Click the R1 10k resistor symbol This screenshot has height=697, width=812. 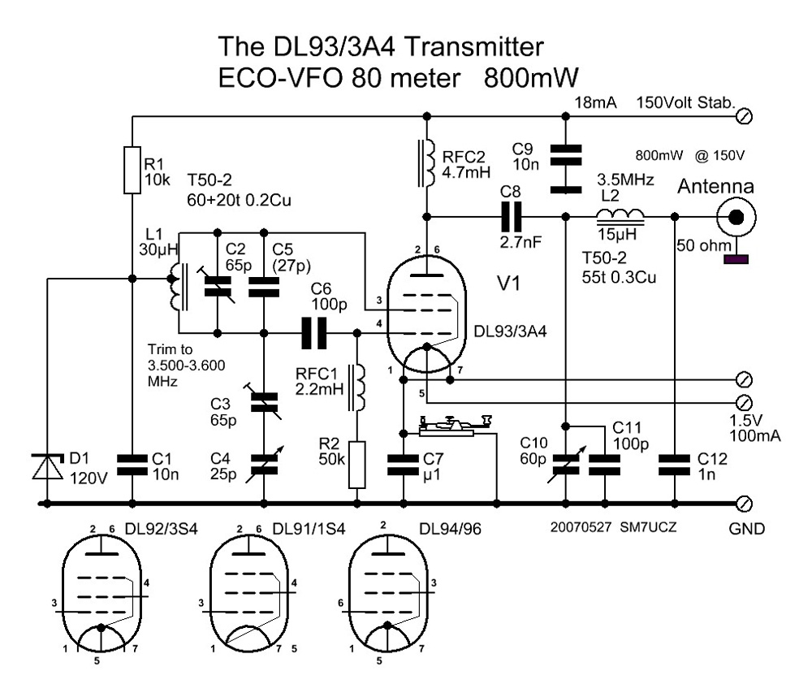(132, 170)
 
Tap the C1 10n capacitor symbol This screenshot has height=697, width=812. (132, 464)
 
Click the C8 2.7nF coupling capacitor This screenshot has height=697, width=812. (513, 217)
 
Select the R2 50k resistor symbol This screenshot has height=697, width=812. (356, 464)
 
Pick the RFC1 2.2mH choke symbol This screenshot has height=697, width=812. (356, 388)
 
